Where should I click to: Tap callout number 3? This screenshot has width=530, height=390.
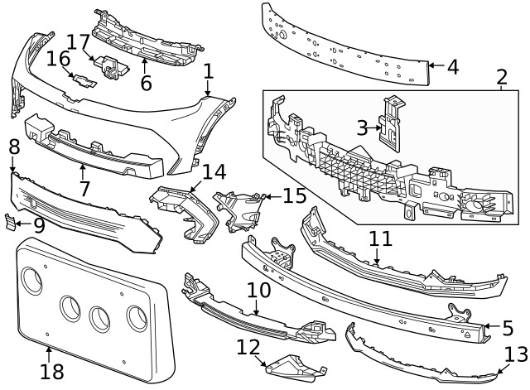tap(362, 127)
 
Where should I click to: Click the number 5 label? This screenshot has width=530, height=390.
tap(507, 327)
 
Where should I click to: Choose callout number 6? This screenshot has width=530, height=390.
tap(146, 83)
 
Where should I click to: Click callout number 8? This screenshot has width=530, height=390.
tap(14, 147)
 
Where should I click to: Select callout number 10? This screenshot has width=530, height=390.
tap(258, 291)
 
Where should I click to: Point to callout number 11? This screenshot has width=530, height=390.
tap(380, 238)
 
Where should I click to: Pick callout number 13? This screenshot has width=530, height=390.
tap(515, 354)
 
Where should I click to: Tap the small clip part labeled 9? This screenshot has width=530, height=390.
tap(11, 222)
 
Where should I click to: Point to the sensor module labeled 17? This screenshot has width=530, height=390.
tap(109, 65)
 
